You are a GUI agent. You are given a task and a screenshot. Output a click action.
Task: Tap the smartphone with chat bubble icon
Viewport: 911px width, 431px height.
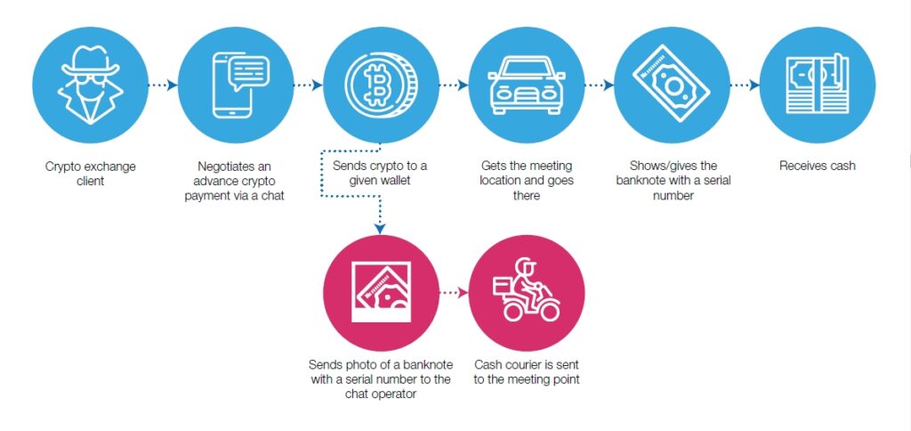click(x=235, y=85)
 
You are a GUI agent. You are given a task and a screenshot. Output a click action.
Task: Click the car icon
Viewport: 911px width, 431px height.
click(x=527, y=85)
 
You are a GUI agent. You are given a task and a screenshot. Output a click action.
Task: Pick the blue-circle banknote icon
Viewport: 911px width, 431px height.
click(x=672, y=85)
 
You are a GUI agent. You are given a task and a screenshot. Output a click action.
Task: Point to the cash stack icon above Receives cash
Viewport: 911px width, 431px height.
click(x=817, y=85)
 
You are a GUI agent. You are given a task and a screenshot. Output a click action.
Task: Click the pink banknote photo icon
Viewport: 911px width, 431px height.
click(x=382, y=293)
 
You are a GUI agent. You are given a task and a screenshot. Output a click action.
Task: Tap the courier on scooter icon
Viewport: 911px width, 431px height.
click(x=527, y=293)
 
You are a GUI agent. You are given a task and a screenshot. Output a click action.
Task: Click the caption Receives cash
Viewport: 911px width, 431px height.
click(x=817, y=166)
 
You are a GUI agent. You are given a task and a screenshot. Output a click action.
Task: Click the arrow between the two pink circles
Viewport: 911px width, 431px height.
click(x=454, y=292)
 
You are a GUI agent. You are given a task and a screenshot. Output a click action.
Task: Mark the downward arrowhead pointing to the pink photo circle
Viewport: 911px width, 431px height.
click(x=381, y=229)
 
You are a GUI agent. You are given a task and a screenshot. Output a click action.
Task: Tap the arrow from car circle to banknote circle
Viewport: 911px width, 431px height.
click(x=599, y=85)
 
